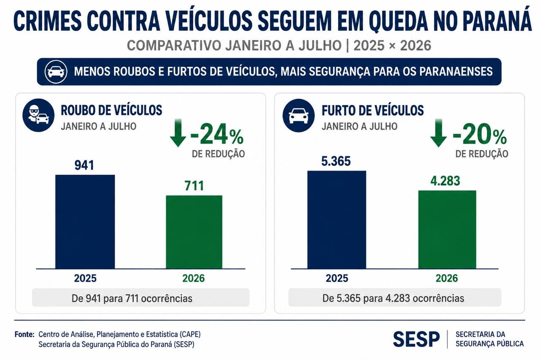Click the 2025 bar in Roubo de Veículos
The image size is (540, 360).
tap(85, 222)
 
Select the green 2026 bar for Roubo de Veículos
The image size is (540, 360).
tap(194, 232)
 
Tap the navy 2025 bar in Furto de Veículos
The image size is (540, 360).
tap(337, 219)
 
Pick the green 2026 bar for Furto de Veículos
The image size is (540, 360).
tap(447, 230)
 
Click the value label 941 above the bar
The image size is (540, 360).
tap(84, 165)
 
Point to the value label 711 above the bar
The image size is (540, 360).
tap(194, 186)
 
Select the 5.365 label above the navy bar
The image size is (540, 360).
tap(336, 161)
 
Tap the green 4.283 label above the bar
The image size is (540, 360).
tap(445, 181)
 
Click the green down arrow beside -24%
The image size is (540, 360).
tap(178, 133)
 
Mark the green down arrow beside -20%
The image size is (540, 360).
tap(438, 133)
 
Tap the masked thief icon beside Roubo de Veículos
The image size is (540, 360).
tap(38, 115)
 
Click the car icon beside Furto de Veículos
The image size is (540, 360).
tap(298, 115)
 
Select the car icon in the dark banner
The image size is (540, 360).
tap(56, 72)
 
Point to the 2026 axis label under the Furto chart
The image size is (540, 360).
tap(447, 278)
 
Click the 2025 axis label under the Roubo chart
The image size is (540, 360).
tap(85, 278)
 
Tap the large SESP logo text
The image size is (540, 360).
tap(416, 339)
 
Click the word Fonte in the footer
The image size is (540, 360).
tap(24, 334)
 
